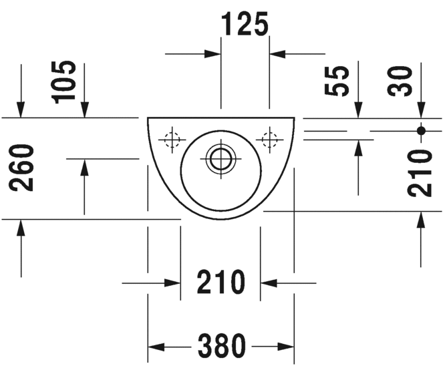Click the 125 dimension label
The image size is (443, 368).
pyautogui.click(x=245, y=24)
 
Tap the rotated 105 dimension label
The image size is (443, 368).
pyautogui.click(x=66, y=81)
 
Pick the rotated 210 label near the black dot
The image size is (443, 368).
pyautogui.click(x=421, y=173)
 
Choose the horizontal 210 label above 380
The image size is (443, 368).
pyautogui.click(x=220, y=283)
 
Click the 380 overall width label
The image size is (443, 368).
pyautogui.click(x=221, y=346)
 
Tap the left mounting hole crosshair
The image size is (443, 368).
pyautogui.click(x=172, y=140)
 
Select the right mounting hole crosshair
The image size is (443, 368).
pyautogui.click(x=270, y=140)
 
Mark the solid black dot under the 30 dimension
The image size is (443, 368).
pyautogui.click(x=421, y=130)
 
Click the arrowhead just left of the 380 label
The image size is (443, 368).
pyautogui.click(x=155, y=346)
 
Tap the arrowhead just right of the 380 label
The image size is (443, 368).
pyautogui.click(x=287, y=346)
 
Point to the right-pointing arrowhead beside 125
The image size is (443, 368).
pyautogui.click(x=214, y=53)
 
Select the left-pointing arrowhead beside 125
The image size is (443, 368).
pyautogui.click(x=277, y=53)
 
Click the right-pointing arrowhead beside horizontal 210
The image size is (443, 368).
pyautogui.click(x=173, y=283)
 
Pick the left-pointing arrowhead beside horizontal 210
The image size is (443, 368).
pyautogui.click(x=268, y=283)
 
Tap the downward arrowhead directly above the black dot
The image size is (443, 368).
pyautogui.click(x=421, y=110)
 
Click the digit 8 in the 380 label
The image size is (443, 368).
pyautogui.click(x=221, y=346)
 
